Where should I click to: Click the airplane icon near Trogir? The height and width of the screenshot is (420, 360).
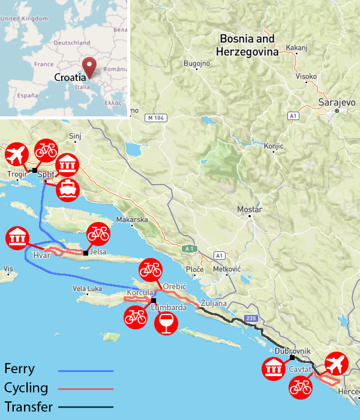[x=16, y=155]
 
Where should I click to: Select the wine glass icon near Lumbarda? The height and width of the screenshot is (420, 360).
[x=166, y=322]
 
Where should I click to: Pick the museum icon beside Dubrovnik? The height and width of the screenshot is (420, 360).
[x=274, y=368]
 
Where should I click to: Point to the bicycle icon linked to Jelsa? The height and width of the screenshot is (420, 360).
[x=98, y=233]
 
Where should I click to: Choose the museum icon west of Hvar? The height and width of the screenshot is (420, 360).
[x=17, y=239]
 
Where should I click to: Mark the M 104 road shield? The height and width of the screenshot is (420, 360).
[x=155, y=118]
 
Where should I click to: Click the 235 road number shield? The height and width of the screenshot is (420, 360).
[x=250, y=319]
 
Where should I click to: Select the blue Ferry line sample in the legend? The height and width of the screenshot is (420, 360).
[x=86, y=371]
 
